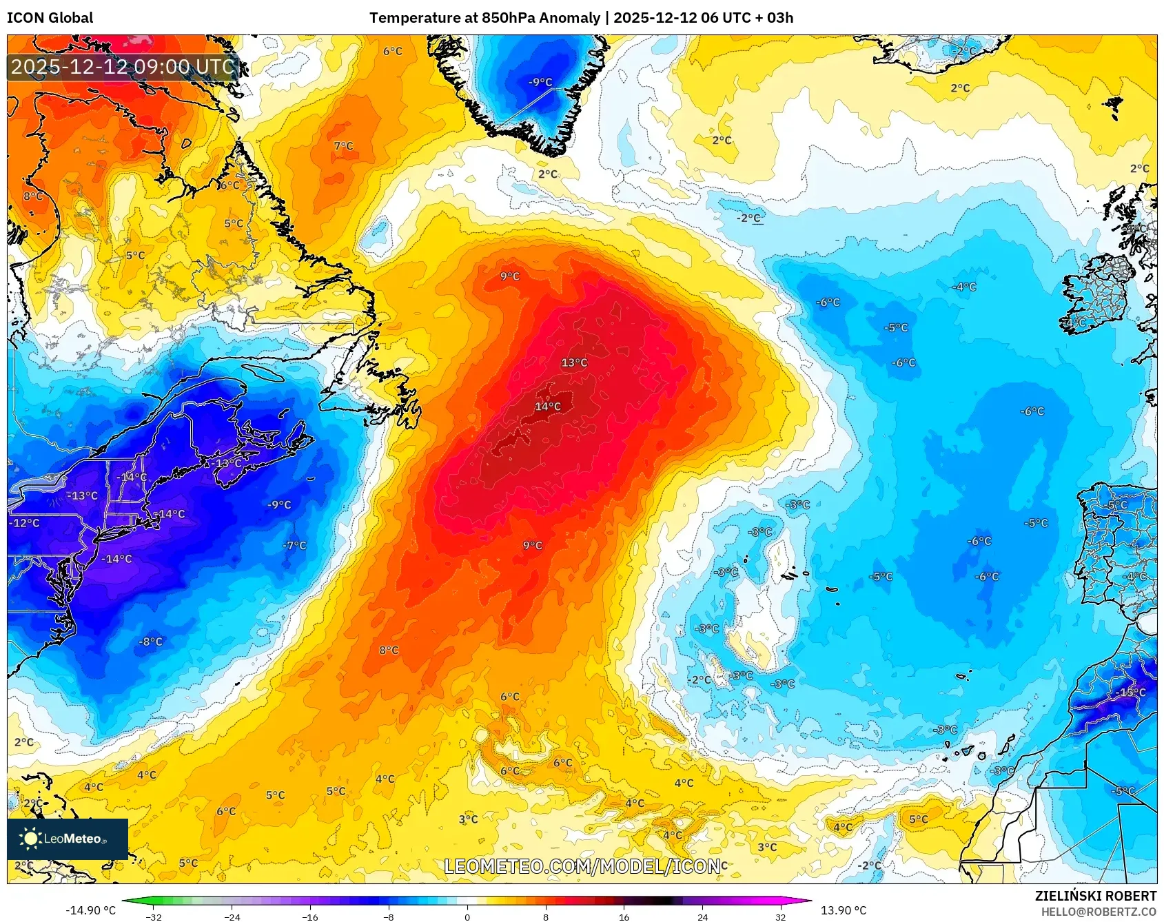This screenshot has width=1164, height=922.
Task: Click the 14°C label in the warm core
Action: (548, 407)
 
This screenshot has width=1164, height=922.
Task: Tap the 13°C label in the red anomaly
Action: (574, 362)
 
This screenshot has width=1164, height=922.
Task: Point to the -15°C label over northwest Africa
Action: (1130, 692)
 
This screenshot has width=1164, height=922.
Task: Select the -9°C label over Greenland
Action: (540, 82)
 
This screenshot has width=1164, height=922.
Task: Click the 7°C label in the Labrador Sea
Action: (343, 146)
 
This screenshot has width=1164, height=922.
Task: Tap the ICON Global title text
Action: (50, 18)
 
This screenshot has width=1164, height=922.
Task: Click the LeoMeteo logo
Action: (68, 839)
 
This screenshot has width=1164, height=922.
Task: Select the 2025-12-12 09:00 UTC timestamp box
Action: (123, 67)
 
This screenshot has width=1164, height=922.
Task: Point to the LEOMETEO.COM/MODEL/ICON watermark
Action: (583, 866)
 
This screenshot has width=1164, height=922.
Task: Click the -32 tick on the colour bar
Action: (154, 916)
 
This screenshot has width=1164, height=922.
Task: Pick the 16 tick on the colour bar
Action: (624, 916)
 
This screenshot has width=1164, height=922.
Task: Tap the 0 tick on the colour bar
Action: (467, 916)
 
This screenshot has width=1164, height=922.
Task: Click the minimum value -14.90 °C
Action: (90, 910)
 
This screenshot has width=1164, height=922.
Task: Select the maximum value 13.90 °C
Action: (843, 910)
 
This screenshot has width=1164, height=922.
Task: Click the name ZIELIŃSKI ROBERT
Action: (1095, 896)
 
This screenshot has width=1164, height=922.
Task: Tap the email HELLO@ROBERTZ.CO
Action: (1099, 912)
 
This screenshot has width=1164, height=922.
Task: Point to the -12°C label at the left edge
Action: (24, 523)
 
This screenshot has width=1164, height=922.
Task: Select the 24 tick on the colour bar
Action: (702, 916)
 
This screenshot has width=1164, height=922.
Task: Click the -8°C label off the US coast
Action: (151, 642)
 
